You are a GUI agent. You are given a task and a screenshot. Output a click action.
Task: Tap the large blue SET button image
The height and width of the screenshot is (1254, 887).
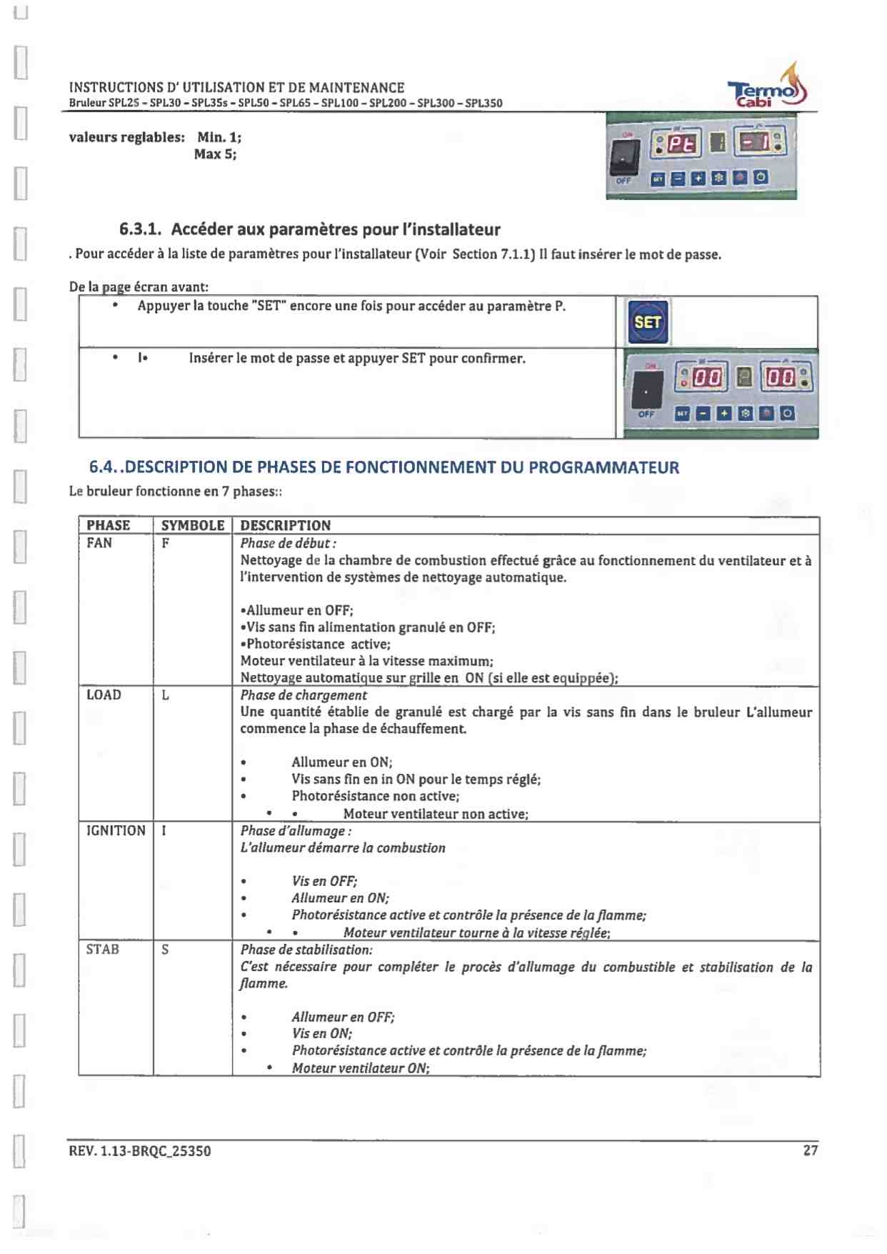647,322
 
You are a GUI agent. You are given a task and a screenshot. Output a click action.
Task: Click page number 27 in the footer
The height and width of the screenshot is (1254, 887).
810,1150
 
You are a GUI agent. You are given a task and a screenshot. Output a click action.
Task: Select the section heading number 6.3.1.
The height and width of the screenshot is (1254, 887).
140,229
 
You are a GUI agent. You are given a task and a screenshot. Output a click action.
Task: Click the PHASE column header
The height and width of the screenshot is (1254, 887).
109,525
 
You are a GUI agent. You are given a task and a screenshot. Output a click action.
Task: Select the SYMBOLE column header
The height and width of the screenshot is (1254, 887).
193,525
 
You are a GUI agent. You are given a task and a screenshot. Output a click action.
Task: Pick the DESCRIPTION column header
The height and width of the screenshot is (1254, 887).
286,525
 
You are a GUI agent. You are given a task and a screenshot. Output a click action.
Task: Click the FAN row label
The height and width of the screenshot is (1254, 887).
99,543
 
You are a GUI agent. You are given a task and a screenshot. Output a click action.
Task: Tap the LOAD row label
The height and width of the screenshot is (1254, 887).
104,695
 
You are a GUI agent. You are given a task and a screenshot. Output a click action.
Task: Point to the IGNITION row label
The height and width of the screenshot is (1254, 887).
116,830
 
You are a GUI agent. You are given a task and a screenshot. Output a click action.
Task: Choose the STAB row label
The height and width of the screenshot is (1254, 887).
102,950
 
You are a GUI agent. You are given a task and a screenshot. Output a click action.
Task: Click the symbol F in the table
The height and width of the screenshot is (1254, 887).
165,543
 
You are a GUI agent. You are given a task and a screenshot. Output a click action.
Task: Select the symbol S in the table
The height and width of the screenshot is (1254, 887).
165,950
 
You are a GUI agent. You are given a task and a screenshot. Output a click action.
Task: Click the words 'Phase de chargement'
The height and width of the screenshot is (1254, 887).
304,695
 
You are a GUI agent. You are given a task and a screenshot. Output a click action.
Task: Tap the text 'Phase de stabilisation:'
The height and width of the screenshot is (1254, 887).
306,950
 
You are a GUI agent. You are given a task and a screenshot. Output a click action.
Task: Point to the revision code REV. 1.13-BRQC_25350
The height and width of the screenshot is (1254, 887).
140,1151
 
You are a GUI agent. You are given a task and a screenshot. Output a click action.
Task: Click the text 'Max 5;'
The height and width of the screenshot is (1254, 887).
215,154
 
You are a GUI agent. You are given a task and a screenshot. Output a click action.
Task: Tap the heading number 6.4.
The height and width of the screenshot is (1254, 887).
104,467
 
